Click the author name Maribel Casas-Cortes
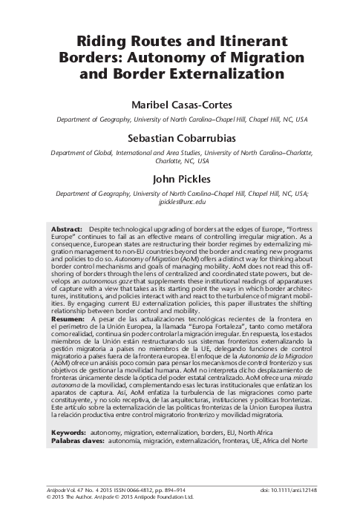[179, 105]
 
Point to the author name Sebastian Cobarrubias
[179, 139]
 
